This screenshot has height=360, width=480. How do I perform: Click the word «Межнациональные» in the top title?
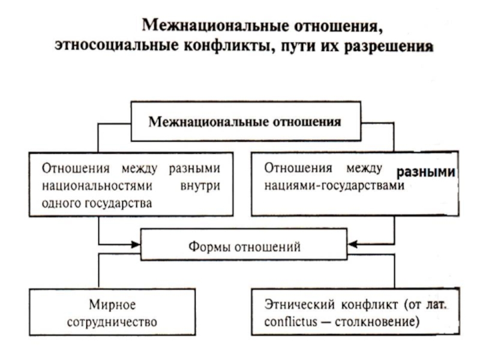point(215,26)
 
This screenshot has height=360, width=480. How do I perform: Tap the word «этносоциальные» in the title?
point(116,46)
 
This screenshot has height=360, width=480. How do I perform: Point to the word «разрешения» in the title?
point(389,47)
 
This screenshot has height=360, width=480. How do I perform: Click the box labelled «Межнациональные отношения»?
point(246,121)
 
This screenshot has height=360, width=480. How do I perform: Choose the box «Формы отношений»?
point(244,245)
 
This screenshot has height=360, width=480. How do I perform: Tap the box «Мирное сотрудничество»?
point(112,312)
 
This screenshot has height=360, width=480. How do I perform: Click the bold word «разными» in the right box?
point(426,172)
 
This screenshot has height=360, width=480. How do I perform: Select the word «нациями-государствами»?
point(334,185)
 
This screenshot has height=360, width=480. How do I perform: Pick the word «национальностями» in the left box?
point(97,185)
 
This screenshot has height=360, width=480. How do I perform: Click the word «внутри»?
point(200,186)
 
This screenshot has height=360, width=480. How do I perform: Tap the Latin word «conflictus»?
point(291,322)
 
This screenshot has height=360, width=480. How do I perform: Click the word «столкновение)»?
point(377,322)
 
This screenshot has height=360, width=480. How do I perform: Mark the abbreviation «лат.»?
point(437,305)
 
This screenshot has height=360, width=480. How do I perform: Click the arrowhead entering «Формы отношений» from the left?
point(136,244)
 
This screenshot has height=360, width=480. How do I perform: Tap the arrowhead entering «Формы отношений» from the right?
point(353,244)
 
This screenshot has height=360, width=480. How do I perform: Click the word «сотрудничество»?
point(112,322)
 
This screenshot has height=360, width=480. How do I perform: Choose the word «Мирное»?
point(112,305)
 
